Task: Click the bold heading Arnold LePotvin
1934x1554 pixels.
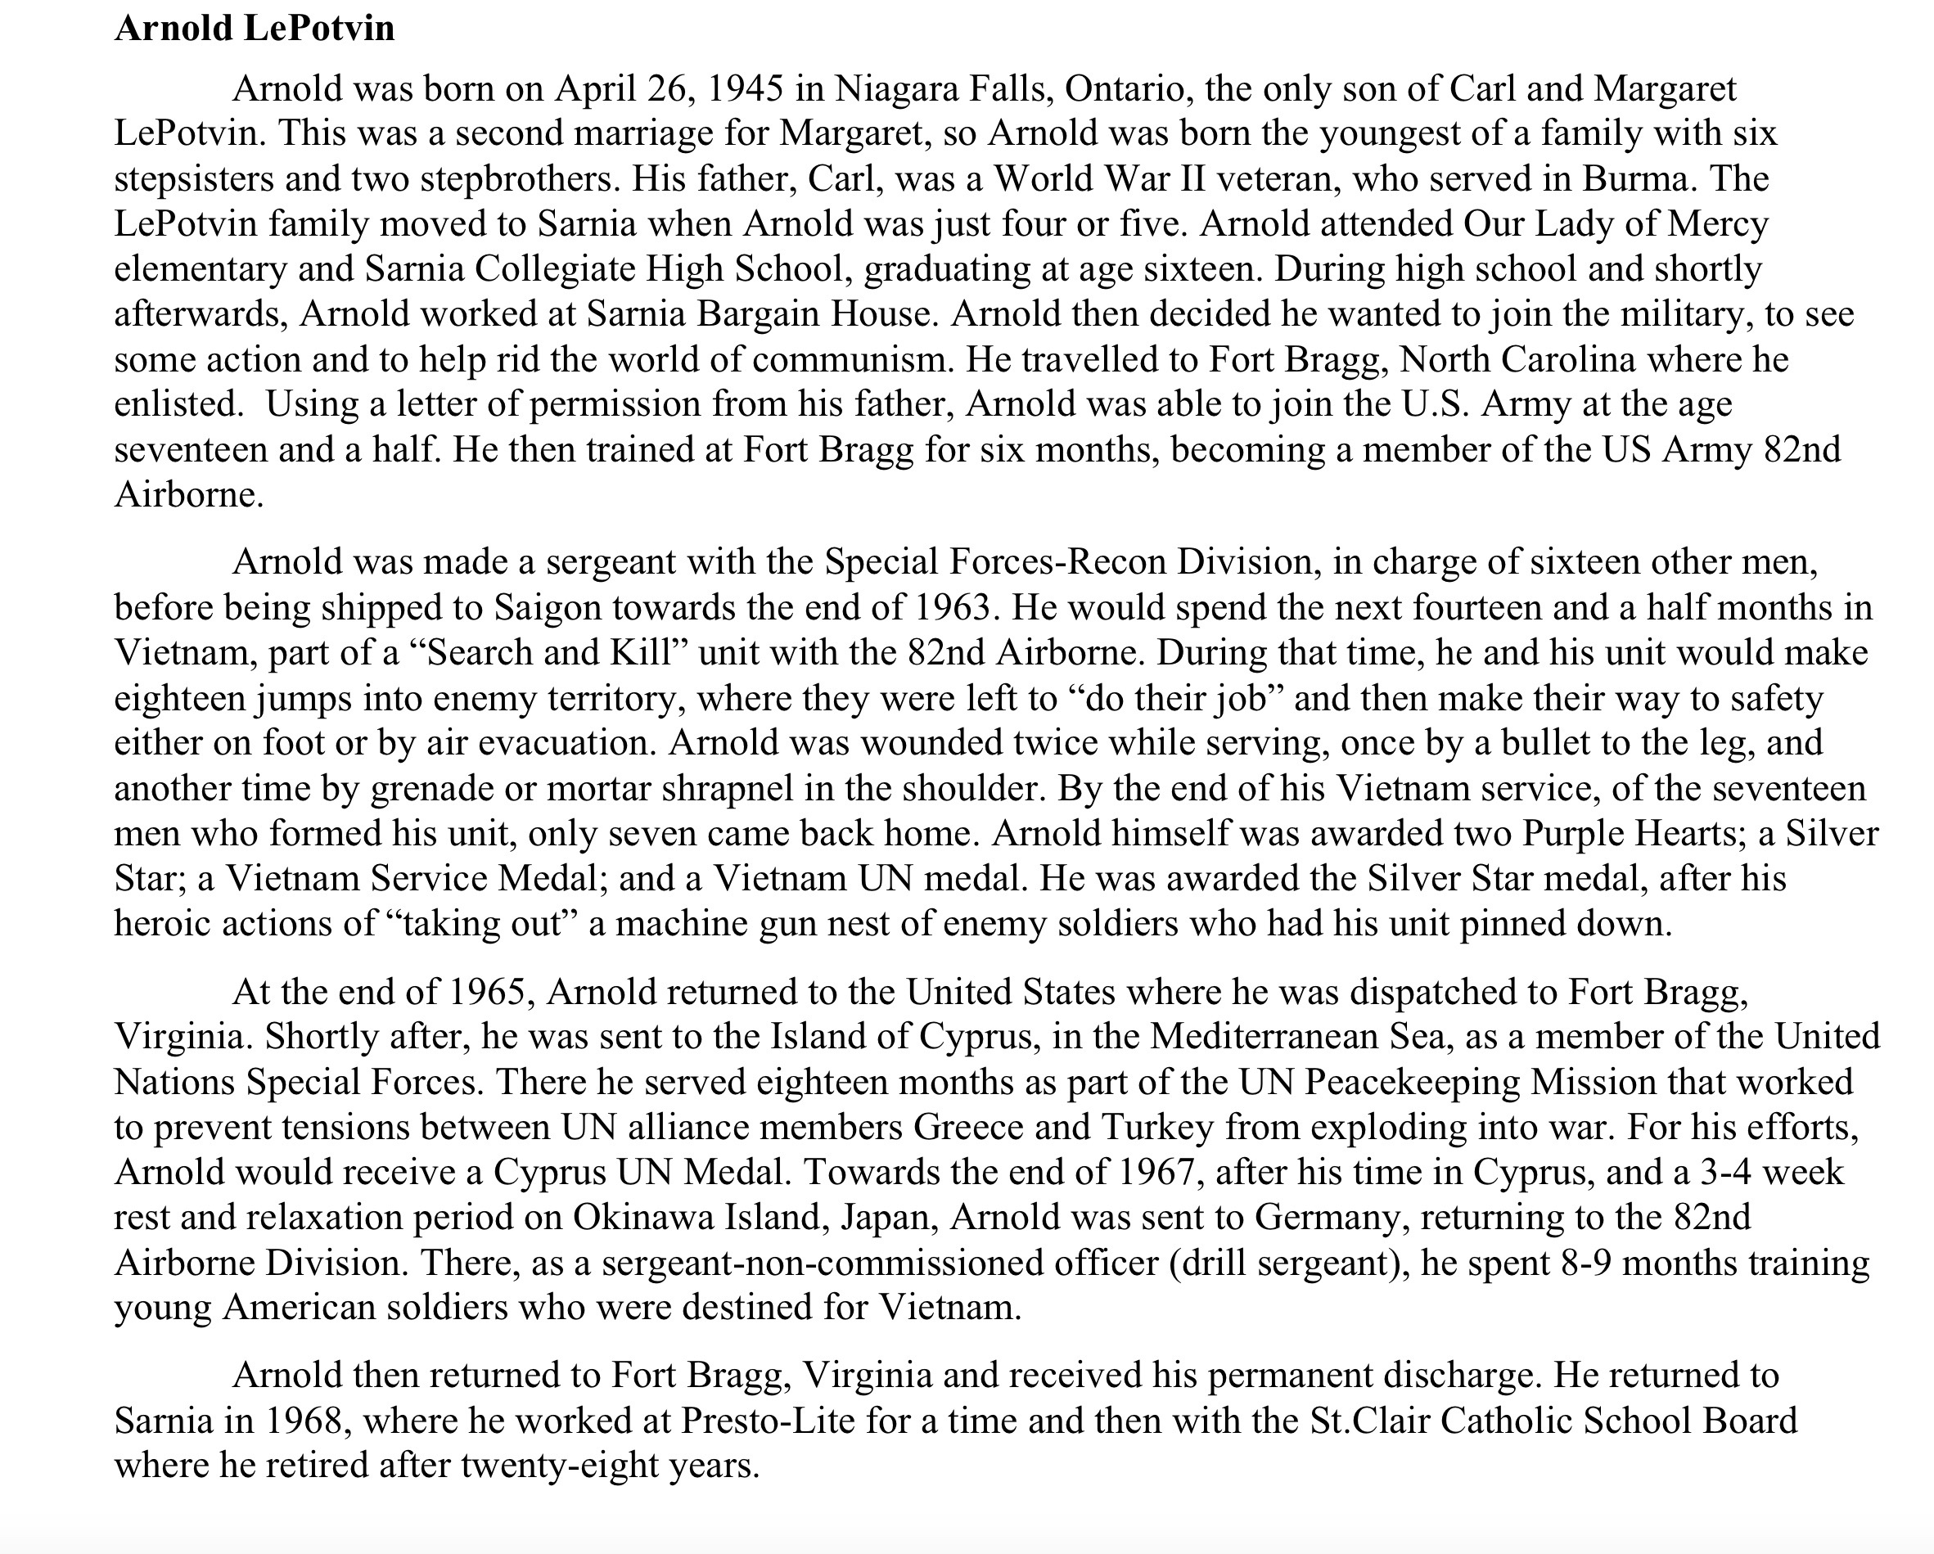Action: [x=255, y=29]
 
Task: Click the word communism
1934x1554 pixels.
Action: [x=851, y=359]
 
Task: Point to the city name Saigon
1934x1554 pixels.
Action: [x=548, y=607]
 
